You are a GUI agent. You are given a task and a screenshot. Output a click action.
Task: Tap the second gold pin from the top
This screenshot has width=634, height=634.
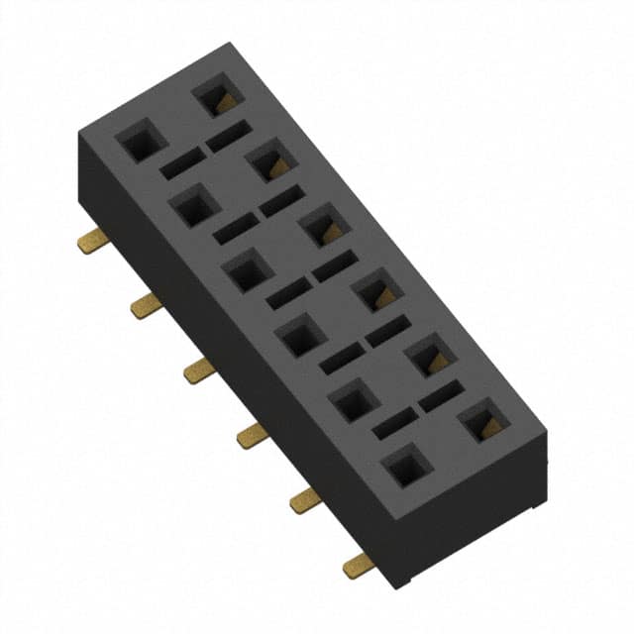[147, 305]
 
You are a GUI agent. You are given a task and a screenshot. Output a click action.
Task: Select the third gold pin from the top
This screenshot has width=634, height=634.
[199, 370]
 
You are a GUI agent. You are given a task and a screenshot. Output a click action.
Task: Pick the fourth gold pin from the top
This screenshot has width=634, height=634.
[252, 434]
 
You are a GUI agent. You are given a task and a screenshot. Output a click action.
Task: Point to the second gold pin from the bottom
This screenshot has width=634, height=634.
[305, 499]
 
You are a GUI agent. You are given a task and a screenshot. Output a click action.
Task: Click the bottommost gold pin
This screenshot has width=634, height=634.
[358, 565]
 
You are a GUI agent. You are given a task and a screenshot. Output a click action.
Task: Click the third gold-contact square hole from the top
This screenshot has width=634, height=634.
[323, 226]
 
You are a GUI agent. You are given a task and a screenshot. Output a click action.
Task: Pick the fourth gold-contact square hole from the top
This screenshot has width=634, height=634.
[376, 291]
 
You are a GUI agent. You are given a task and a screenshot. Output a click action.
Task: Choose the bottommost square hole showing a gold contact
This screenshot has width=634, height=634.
[483, 422]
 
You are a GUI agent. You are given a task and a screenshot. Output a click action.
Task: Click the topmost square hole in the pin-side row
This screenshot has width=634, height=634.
[140, 141]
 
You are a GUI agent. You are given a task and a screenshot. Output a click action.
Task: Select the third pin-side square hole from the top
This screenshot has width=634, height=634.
[247, 270]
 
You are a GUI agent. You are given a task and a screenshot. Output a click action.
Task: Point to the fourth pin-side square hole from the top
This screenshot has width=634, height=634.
[300, 336]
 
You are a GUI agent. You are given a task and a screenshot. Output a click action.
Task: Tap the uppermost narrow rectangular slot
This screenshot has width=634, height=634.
[228, 137]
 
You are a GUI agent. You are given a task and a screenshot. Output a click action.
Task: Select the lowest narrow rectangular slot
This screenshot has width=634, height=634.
[393, 424]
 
